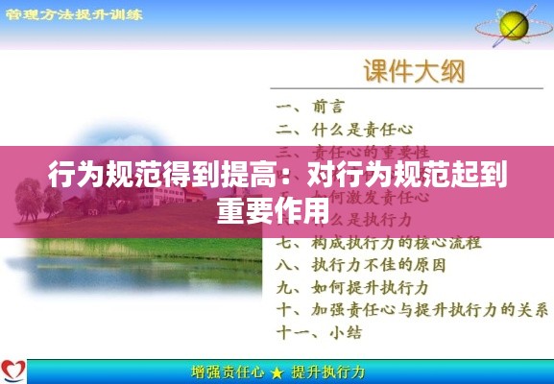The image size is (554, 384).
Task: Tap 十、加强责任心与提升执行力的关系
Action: (x=412, y=309)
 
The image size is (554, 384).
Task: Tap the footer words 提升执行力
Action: (x=327, y=372)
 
